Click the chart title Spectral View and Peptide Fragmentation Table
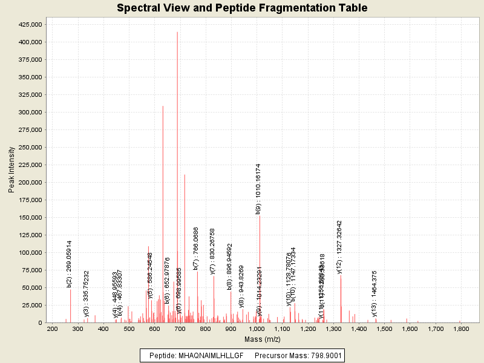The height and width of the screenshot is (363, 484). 242,8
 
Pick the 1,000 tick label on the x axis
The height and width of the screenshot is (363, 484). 257,329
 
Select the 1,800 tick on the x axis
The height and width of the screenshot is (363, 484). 461,329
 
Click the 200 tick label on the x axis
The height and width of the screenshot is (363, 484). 52,329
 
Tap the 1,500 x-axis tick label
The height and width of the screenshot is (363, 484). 384,329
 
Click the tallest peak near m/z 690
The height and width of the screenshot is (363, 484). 177,33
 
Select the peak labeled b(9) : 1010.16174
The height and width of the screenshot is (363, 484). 260,216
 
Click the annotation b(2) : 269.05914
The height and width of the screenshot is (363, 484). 69,264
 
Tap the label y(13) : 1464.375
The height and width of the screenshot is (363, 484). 374,293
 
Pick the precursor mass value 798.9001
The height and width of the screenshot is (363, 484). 320,356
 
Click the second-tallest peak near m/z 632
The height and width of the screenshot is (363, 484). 163,106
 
